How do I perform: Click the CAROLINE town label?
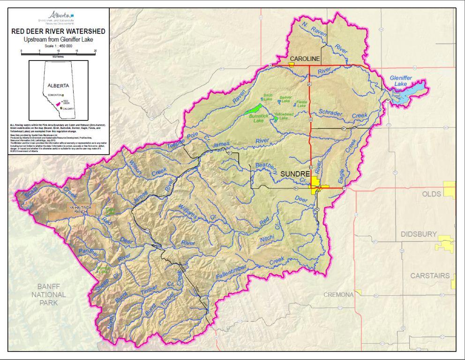(x=305, y=59)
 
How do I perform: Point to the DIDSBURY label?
(x=419, y=234)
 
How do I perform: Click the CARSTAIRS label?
(x=430, y=276)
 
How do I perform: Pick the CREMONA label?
(x=338, y=294)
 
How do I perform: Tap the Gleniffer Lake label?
(x=400, y=80)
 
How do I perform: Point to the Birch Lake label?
(x=268, y=97)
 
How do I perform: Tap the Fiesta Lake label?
(x=301, y=104)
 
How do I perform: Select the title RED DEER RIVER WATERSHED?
(x=59, y=31)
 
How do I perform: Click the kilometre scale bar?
(x=59, y=53)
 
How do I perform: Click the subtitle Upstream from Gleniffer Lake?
(x=59, y=39)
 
